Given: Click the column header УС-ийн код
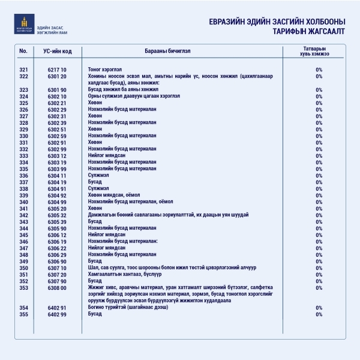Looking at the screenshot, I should click(x=57, y=51).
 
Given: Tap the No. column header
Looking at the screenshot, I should click(x=24, y=51).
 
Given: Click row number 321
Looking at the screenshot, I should click(x=24, y=70).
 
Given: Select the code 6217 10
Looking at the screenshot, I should click(x=57, y=70).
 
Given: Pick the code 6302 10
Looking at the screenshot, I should click(x=57, y=96).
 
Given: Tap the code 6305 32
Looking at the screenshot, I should click(x=57, y=215).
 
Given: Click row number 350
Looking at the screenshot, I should click(x=24, y=268).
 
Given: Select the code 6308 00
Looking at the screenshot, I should click(x=57, y=287).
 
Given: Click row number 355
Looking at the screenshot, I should click(x=24, y=314).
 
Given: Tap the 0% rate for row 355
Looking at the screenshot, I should click(x=319, y=314).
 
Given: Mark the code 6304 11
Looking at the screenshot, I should click(x=57, y=175).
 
